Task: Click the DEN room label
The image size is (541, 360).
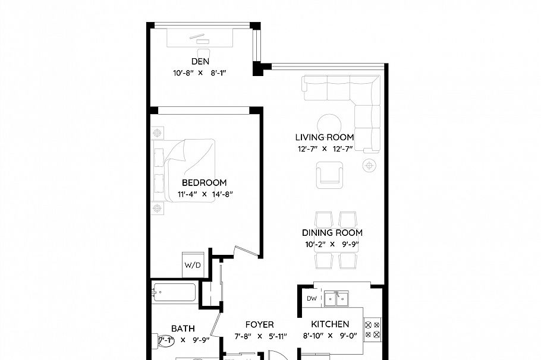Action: (200, 61)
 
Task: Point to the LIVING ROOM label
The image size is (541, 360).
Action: (325, 137)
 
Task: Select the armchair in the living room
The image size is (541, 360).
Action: (330, 175)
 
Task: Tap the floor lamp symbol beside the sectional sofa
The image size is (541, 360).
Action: (370, 166)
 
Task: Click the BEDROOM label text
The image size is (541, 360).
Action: (204, 183)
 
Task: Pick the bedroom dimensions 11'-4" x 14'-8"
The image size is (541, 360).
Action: (204, 194)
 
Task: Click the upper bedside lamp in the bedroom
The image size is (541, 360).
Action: (158, 132)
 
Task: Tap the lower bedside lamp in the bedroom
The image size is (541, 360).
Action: (158, 207)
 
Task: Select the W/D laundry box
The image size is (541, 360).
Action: (193, 264)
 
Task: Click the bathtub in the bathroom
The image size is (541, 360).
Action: (174, 292)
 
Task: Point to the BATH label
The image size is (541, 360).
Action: (183, 329)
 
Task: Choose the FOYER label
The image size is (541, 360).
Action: (260, 325)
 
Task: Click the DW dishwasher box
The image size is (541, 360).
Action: (311, 298)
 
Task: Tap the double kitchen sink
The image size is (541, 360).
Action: (337, 298)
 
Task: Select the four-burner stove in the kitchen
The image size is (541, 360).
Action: (372, 330)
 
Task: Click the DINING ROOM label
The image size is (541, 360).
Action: (332, 233)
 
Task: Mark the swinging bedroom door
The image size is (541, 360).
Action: (246, 251)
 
